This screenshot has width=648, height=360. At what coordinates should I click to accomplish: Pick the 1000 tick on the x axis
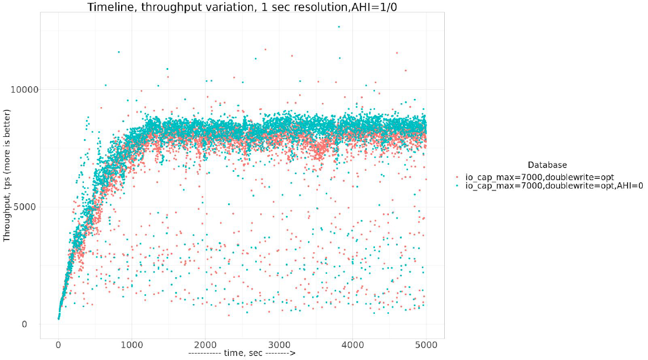point(132,345)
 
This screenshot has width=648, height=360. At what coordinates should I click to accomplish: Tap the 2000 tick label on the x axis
point(206,345)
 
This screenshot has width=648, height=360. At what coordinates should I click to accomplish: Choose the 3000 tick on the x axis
point(279,345)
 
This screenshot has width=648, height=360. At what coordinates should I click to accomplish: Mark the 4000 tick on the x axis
point(353,345)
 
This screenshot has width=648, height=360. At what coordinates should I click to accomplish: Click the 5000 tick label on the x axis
point(426,345)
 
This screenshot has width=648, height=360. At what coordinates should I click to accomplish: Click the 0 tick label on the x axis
point(58,345)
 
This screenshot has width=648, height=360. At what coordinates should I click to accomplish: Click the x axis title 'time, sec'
point(242,354)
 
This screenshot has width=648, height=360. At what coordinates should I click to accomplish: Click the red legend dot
point(458,177)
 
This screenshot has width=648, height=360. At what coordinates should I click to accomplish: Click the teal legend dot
point(458,186)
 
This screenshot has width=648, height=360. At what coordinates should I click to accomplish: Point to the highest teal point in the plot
point(339,26)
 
